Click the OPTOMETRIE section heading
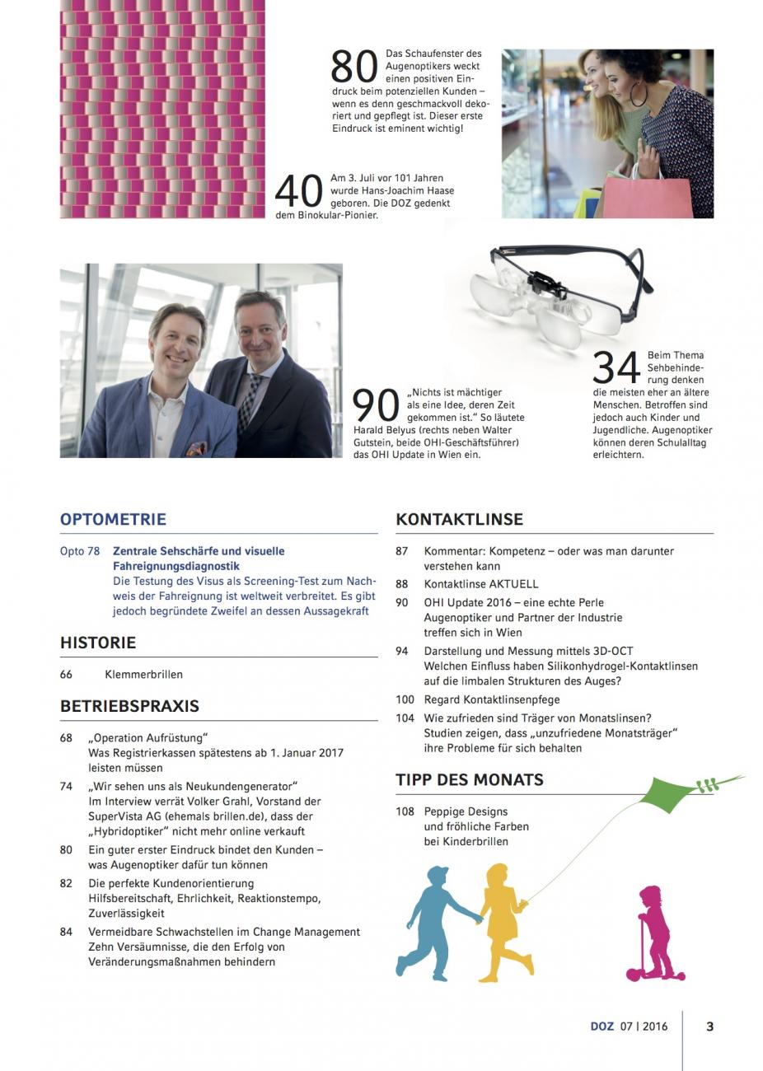(x=113, y=519)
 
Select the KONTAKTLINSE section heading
(x=459, y=519)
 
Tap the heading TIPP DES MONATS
(x=469, y=779)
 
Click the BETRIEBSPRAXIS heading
(x=129, y=706)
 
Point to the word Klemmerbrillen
(x=144, y=674)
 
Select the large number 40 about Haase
(x=299, y=191)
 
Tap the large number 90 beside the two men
(x=377, y=405)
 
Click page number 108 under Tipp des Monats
(x=405, y=811)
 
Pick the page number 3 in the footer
(x=710, y=1027)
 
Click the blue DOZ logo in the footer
(x=602, y=1027)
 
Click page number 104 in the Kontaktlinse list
(x=405, y=718)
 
